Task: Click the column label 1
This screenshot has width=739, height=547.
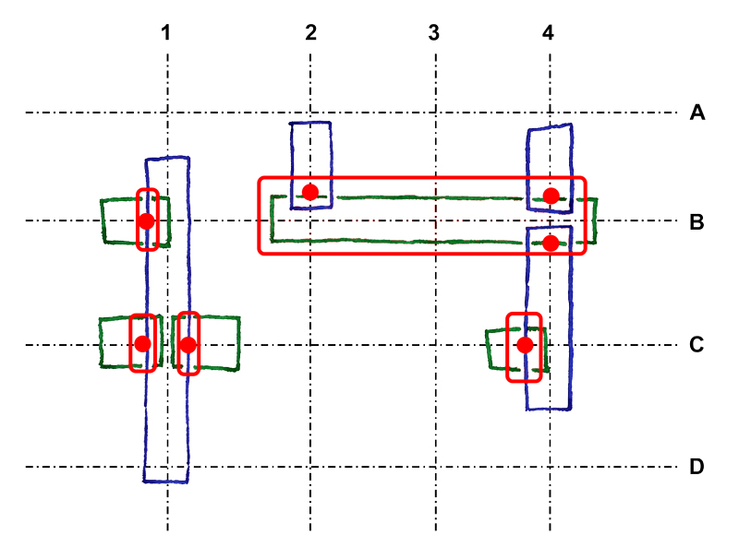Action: [165, 33]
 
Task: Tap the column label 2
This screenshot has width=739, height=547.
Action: [310, 32]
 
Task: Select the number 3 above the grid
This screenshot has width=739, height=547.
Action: [434, 33]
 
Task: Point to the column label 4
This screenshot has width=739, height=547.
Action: [548, 33]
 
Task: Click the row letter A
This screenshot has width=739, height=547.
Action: [697, 113]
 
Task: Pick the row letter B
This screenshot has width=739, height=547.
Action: [697, 222]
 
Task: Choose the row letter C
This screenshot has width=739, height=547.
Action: [697, 345]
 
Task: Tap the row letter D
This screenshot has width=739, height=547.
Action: [697, 467]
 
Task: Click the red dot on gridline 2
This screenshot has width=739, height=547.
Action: [310, 192]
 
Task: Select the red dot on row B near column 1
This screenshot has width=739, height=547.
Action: [146, 220]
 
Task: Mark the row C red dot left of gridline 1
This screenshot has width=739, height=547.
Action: [143, 344]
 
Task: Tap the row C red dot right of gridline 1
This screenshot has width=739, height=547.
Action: [188, 345]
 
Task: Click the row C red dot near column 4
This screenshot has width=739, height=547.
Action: [525, 345]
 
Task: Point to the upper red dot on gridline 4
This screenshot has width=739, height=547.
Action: [551, 196]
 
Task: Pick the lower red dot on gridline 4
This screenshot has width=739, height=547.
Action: [551, 244]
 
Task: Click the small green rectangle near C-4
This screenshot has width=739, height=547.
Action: [517, 349]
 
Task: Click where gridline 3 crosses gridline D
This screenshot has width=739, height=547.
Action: [435, 467]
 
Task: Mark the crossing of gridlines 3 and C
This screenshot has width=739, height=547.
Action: [435, 345]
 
